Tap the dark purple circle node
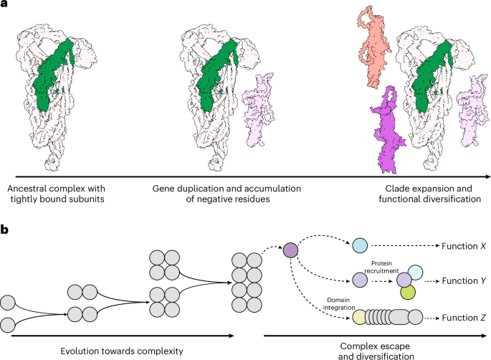point(290,252)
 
